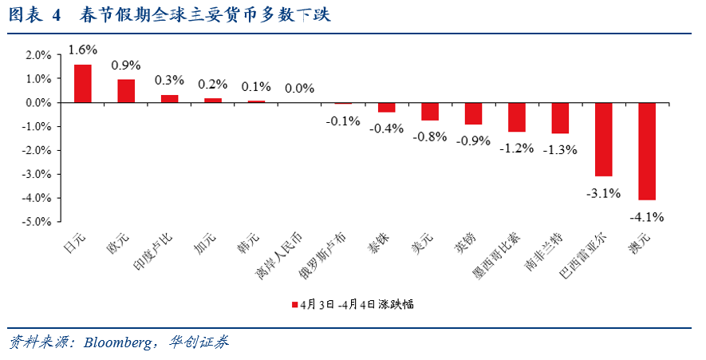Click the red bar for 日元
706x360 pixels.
tap(83, 84)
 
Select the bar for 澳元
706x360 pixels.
tap(647, 151)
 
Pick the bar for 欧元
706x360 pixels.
tap(126, 91)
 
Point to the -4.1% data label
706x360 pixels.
tap(646, 216)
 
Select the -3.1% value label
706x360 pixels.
tap(603, 192)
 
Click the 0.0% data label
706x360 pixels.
tap(299, 89)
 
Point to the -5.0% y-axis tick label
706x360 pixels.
tap(37, 222)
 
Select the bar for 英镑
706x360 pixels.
tap(473, 113)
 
